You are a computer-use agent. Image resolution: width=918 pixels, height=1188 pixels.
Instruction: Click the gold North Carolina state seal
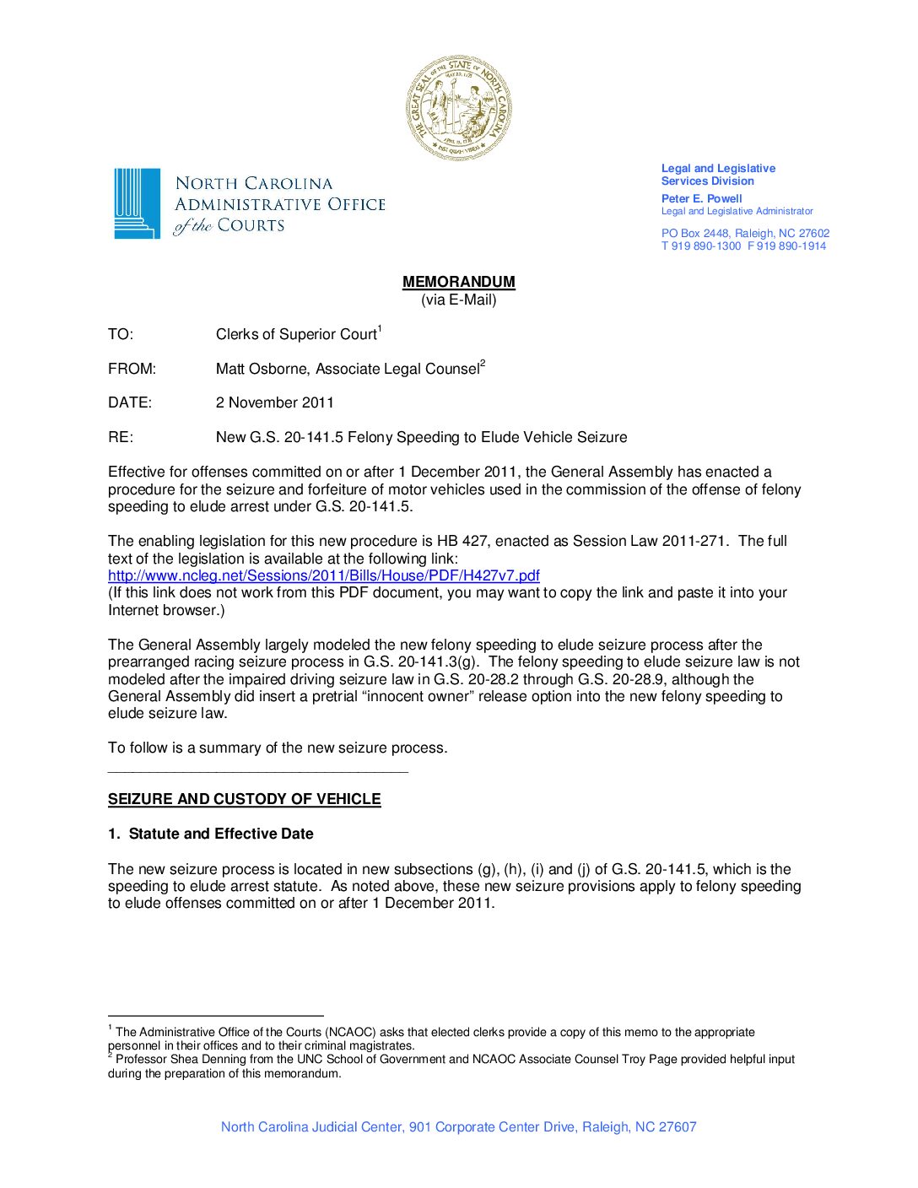point(458,107)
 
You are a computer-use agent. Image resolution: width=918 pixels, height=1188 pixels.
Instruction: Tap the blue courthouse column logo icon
point(137,203)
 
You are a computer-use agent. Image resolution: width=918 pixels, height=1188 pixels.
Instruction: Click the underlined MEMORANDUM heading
point(458,282)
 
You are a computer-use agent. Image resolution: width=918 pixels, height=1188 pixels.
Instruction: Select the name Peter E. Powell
point(701,199)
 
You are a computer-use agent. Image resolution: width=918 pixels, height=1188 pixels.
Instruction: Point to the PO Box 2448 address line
point(745,233)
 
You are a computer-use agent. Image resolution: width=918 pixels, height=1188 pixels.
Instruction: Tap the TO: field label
point(121,335)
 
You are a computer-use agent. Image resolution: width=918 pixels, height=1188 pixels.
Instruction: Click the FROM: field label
point(132,370)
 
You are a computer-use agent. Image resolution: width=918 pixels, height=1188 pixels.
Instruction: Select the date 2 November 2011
point(274,403)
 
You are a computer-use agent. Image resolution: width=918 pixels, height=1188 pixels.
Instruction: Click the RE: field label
point(121,438)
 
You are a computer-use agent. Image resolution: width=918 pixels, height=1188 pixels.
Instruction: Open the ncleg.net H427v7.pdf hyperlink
point(323,575)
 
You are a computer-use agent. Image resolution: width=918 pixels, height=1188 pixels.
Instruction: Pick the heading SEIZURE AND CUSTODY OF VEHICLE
point(244,799)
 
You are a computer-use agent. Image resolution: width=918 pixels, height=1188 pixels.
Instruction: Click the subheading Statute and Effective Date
point(220,834)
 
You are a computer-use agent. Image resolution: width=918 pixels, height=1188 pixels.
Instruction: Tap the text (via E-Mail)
point(458,300)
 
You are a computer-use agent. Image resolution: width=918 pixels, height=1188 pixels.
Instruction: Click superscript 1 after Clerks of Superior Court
point(380,329)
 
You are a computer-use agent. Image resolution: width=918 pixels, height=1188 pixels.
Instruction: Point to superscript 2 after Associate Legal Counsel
point(483,364)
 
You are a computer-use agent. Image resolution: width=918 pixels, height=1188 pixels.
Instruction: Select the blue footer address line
point(458,1127)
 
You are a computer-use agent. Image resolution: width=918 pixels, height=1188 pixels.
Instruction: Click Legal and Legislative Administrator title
point(737,212)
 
